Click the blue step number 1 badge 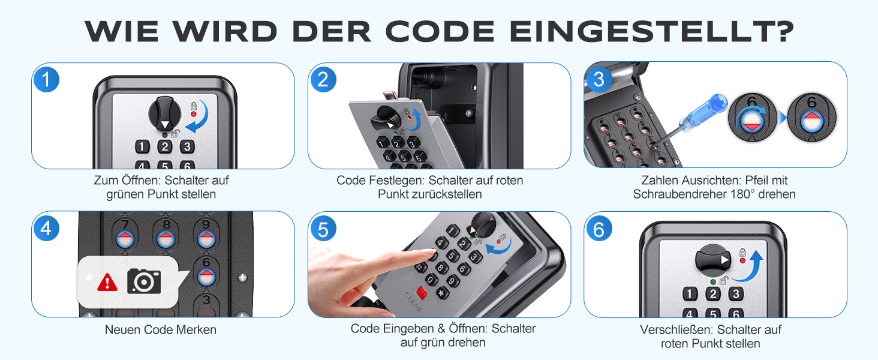pyautogui.click(x=46, y=80)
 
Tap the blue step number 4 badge pyautogui.click(x=46, y=228)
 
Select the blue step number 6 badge pyautogui.click(x=599, y=229)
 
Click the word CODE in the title pyautogui.click(x=440, y=31)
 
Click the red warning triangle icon pyautogui.click(x=107, y=283)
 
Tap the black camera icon pyautogui.click(x=144, y=281)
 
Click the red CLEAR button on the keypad pyautogui.click(x=422, y=293)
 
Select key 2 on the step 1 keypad pyautogui.click(x=164, y=146)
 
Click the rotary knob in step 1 pyautogui.click(x=164, y=114)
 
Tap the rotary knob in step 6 pyautogui.click(x=712, y=260)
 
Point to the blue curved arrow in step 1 pyautogui.click(x=199, y=117)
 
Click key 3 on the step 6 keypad pyautogui.click(x=736, y=294)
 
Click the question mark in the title pyautogui.click(x=784, y=31)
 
